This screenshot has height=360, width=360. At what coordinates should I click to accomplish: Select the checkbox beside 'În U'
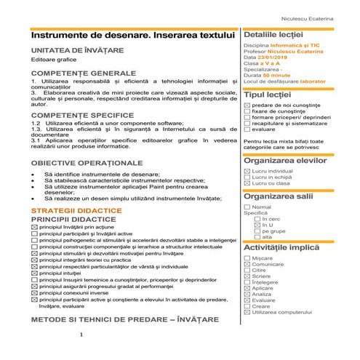(x=257, y=225)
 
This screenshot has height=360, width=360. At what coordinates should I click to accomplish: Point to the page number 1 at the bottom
(x=82, y=335)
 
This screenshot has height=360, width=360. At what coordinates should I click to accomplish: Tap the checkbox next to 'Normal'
(x=248, y=207)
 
